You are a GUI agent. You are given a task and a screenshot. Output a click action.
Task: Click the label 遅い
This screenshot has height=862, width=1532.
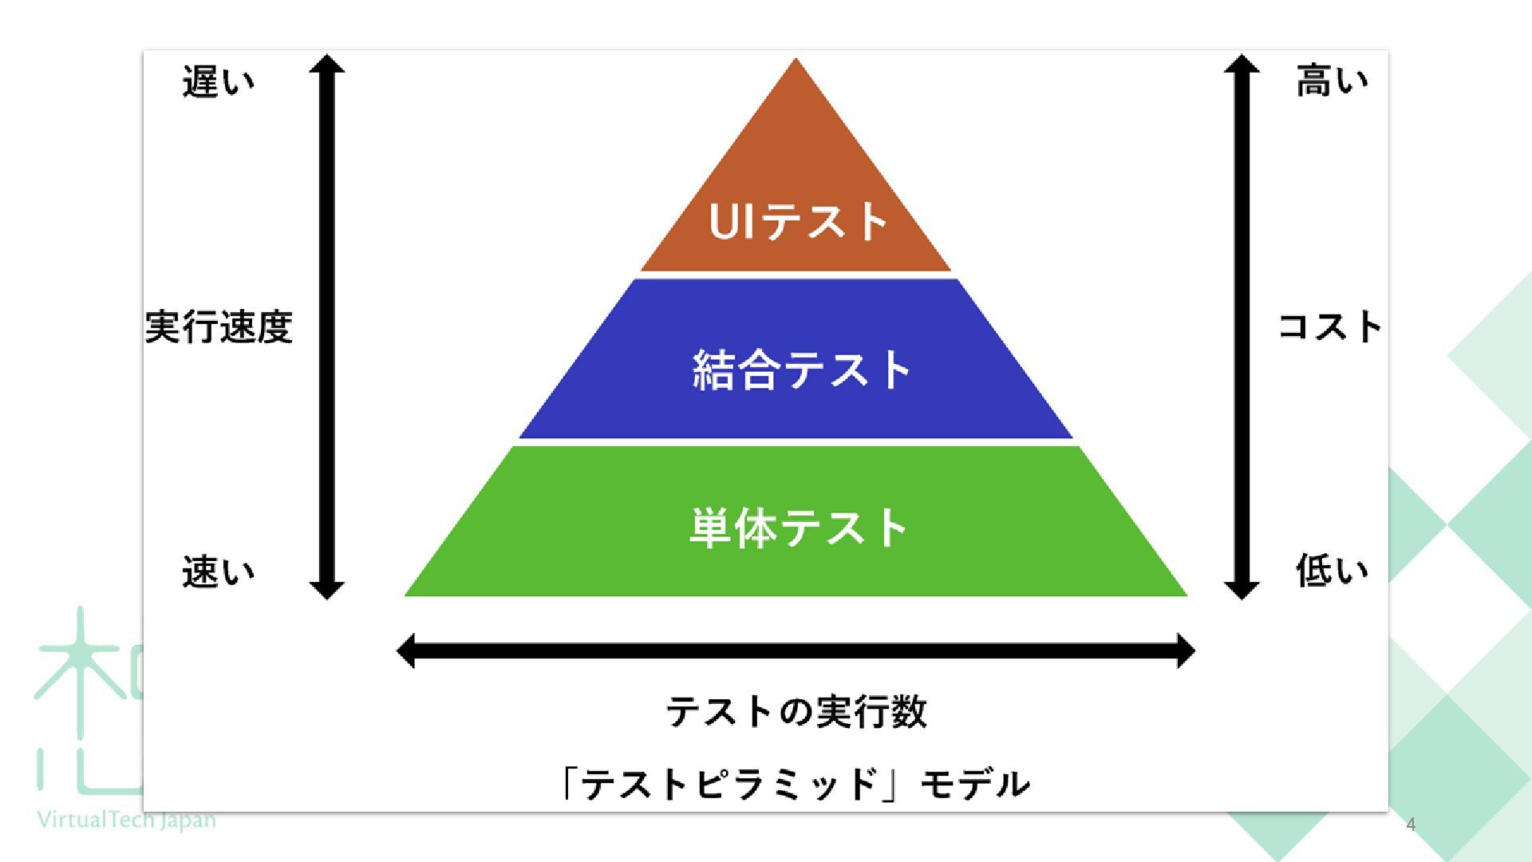click(x=218, y=81)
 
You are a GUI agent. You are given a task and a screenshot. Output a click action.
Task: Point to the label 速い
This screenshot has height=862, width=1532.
click(x=218, y=571)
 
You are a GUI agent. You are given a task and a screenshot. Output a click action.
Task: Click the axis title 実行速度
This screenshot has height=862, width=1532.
click(x=219, y=327)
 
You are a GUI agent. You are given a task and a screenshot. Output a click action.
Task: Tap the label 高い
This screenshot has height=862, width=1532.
click(x=1331, y=81)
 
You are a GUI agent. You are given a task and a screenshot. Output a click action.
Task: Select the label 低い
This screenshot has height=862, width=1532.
click(x=1331, y=571)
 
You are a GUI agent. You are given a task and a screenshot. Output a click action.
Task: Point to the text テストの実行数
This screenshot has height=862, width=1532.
click(x=796, y=711)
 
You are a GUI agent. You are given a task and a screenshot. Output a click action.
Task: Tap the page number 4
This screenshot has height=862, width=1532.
click(x=1411, y=824)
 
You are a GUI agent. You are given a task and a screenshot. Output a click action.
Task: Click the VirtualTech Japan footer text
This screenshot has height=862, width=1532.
click(x=126, y=820)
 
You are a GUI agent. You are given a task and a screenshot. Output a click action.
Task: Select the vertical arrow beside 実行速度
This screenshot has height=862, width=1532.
click(x=327, y=327)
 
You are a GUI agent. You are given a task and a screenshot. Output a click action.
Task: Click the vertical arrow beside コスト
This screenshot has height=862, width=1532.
click(x=1241, y=327)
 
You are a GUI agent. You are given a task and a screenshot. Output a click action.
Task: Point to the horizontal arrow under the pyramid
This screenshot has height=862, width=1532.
click(x=796, y=650)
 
